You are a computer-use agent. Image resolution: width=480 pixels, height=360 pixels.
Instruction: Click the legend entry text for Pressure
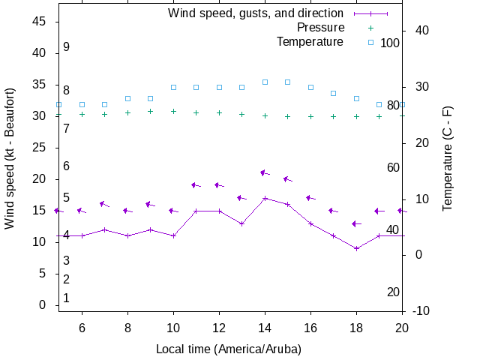pos(319,28)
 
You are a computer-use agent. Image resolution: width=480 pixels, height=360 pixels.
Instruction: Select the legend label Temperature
pos(310,42)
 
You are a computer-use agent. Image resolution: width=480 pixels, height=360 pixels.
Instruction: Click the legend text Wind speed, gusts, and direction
pos(256,13)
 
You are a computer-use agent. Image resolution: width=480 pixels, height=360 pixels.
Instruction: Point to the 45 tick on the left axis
pos(40,22)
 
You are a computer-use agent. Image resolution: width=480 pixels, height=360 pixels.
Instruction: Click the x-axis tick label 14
pos(265,327)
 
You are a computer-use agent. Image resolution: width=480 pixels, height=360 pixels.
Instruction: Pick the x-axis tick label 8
pos(127,327)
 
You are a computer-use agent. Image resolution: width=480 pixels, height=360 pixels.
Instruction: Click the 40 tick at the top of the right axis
pos(421,31)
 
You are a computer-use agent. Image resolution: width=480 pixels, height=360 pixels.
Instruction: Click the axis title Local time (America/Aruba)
pos(229,349)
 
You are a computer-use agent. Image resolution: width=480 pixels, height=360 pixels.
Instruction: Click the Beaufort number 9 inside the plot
pos(66,47)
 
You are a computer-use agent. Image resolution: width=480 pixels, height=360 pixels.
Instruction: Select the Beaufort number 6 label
pos(66,166)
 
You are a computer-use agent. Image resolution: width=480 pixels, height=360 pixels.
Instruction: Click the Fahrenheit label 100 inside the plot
pos(390,43)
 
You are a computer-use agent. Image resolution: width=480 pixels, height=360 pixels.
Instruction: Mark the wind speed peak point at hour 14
pos(265,198)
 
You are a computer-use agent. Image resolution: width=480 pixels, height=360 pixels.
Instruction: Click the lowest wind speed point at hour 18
pos(356,248)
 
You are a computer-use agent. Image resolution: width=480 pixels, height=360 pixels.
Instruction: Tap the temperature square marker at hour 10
pos(173,87)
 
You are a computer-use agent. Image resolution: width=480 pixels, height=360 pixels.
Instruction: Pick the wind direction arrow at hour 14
pos(265,173)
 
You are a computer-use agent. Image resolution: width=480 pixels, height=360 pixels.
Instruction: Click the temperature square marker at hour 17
pos(334,93)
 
